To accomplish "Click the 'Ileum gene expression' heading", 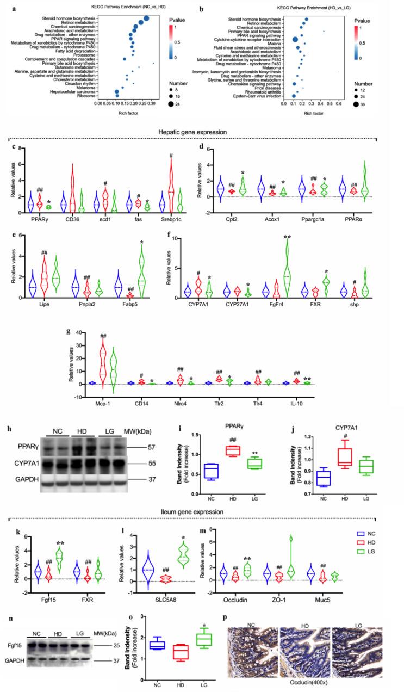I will click(x=202, y=512).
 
